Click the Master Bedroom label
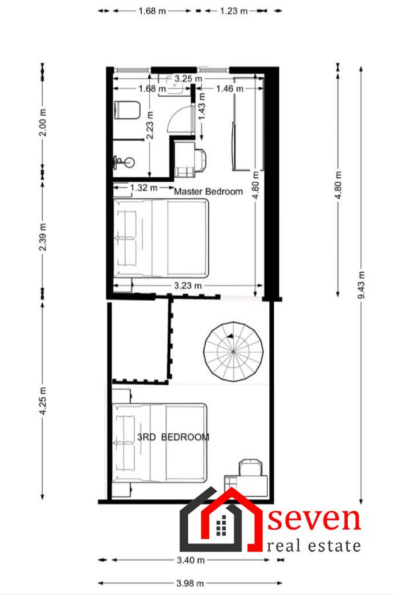209,191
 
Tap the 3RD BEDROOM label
173,437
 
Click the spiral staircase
234,352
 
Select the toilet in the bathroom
127,110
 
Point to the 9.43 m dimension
361,284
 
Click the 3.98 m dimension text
190,583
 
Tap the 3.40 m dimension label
191,560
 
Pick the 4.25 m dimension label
43,401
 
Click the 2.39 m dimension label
43,237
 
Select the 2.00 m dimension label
43,122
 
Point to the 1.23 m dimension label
234,11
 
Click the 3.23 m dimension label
188,286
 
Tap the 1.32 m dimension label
144,188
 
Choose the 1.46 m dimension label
230,89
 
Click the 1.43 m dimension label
202,106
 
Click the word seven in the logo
314,519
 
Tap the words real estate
313,545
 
